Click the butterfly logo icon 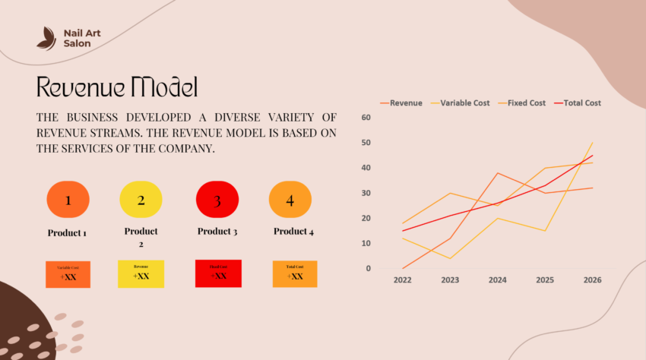point(46,38)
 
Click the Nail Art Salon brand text point(82,38)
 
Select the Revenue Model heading point(117,87)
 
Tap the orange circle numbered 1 point(68,201)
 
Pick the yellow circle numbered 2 point(141,201)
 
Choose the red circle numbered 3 point(217,201)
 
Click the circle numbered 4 point(290,201)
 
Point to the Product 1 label point(67,232)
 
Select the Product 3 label point(217,232)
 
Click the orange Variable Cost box point(68,274)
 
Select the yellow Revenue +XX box point(141,274)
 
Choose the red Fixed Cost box point(218,273)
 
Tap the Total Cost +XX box point(295,274)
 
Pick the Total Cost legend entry point(577,103)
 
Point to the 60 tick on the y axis point(366,118)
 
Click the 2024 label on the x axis point(497,280)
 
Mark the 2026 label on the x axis point(592,280)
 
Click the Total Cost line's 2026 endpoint point(592,156)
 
